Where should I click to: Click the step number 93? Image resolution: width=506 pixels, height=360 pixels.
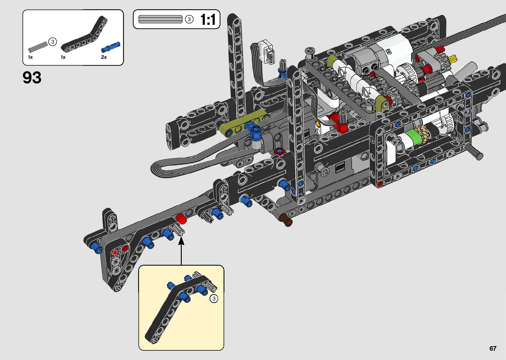(x=32, y=77)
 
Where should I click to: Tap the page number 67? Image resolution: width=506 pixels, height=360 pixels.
(x=493, y=348)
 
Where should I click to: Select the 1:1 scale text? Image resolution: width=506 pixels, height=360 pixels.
(x=208, y=20)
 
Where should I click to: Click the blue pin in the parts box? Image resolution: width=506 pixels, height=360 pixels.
(x=110, y=47)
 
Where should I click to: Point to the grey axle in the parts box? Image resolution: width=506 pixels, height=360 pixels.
(x=38, y=47)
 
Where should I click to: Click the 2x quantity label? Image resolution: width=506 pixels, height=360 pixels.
(x=104, y=57)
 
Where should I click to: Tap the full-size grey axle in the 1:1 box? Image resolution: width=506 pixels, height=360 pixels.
(x=160, y=19)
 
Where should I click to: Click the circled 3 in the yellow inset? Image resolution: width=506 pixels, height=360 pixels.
(x=214, y=299)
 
